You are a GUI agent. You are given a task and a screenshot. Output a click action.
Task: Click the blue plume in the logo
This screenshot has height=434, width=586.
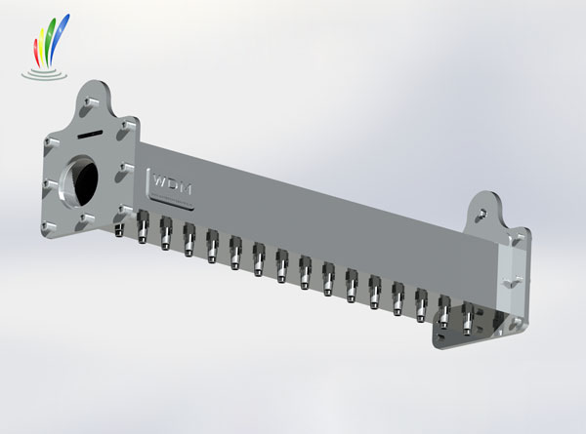tap(60, 39)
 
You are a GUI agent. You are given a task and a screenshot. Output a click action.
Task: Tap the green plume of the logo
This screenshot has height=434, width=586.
tap(50, 41)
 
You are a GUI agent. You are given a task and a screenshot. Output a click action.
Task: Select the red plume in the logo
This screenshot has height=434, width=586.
tap(37, 53)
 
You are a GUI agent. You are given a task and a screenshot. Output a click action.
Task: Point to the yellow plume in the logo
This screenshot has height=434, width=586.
tap(43, 47)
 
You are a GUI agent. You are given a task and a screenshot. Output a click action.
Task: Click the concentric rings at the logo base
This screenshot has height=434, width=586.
tap(44, 74)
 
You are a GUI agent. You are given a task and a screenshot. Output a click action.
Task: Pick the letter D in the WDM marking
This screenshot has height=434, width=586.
tap(173, 185)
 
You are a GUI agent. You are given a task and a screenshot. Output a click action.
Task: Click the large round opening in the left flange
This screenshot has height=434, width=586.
tap(79, 180)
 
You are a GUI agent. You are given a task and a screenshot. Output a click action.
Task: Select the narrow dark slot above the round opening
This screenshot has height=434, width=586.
tap(90, 134)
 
